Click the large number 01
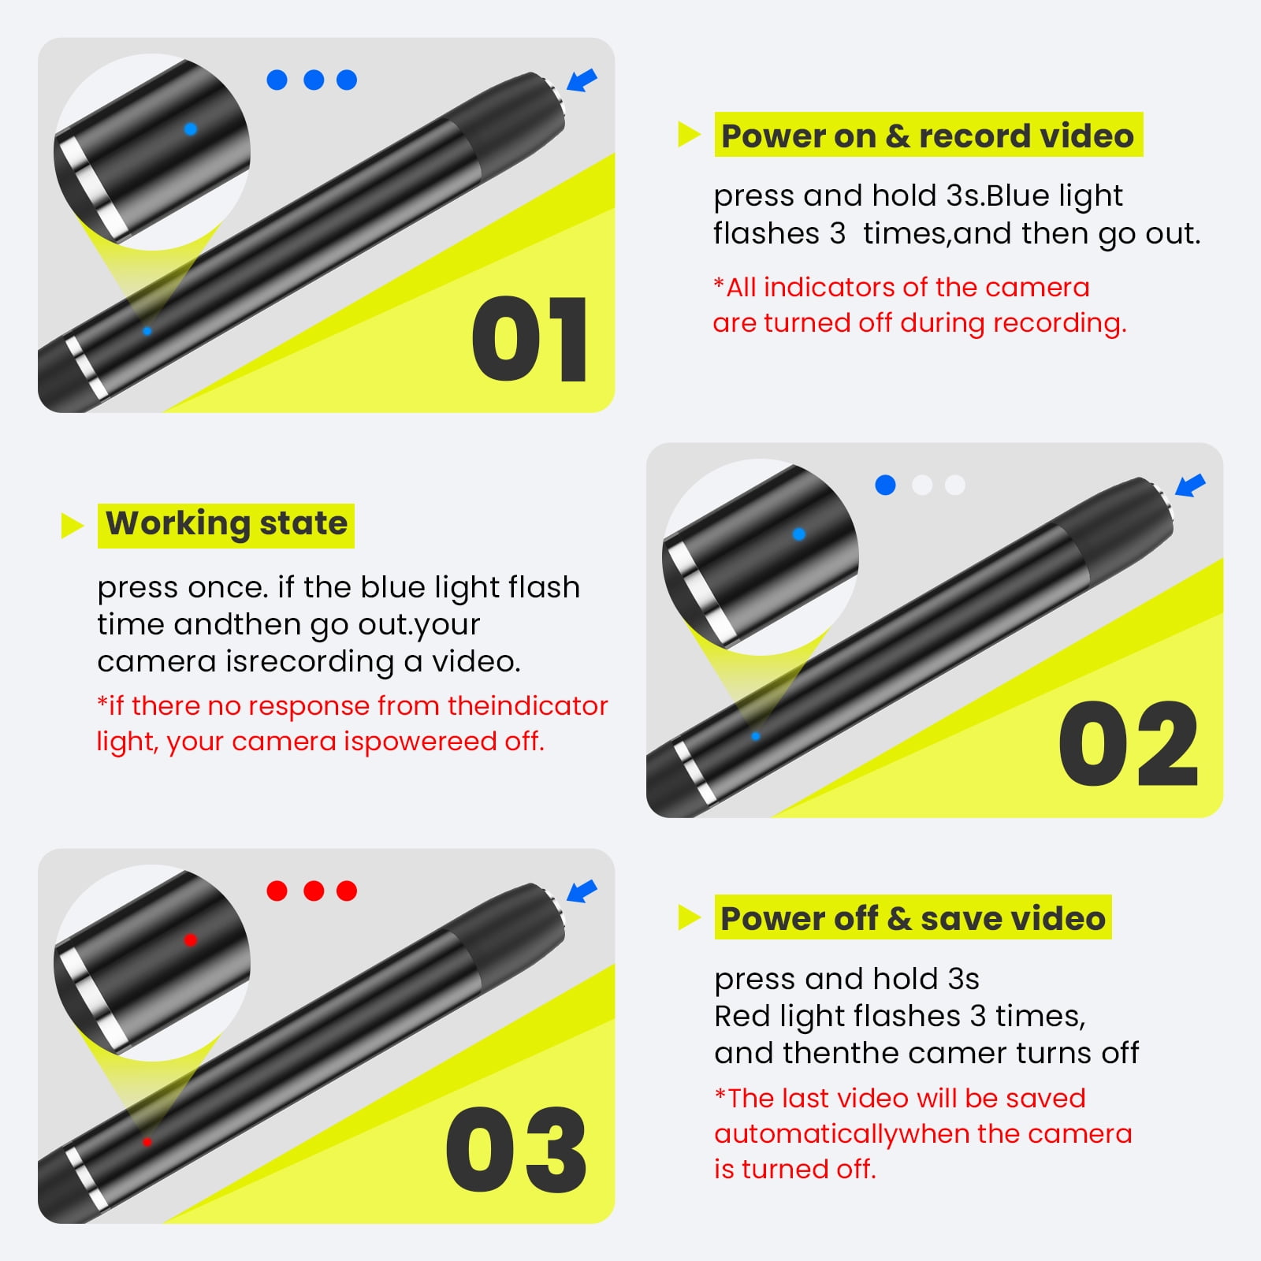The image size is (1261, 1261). pos(530,340)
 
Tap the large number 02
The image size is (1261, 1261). pos(1129,744)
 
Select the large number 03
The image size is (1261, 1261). pos(516,1149)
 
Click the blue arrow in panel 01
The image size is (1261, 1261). pos(582,80)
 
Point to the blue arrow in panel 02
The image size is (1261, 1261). pos(1191,485)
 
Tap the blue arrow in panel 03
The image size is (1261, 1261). pos(582,891)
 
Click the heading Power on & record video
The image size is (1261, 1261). pos(928,136)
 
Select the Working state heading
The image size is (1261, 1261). pos(226,523)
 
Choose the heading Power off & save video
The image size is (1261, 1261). pos(913,918)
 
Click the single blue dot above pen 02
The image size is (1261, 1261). pos(885,485)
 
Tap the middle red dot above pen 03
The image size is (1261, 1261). pos(314,891)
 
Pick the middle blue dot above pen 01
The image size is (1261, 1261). pos(314,80)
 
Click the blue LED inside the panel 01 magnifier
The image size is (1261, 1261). pos(190,128)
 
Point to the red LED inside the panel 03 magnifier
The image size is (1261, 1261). pos(190,939)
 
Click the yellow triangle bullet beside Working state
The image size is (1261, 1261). pos(73,525)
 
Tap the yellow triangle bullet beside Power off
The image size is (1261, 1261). pos(690,917)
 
